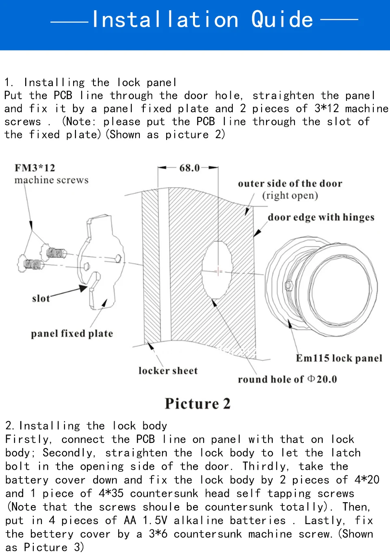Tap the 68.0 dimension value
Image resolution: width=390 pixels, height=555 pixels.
[189, 168]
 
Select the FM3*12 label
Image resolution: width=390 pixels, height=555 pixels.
[35, 168]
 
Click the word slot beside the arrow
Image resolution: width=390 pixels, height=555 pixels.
[41, 299]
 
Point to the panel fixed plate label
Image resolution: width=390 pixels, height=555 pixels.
[72, 334]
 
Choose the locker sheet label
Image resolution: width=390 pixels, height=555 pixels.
[168, 371]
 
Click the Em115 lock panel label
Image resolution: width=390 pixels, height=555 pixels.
[339, 358]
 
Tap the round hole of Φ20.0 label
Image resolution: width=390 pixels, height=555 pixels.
[287, 379]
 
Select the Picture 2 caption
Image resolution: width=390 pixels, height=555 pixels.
[197, 403]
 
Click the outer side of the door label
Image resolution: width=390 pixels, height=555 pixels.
[290, 184]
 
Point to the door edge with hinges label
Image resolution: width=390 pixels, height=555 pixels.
[321, 217]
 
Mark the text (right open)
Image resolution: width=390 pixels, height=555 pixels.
[290, 195]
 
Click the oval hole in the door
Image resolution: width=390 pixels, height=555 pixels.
[218, 270]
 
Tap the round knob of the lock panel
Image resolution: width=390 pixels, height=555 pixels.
[341, 289]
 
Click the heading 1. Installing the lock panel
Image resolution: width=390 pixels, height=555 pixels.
[90, 82]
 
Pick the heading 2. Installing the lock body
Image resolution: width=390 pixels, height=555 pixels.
[86, 426]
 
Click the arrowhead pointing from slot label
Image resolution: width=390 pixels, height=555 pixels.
[83, 288]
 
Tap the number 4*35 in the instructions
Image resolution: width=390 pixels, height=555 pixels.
[111, 493]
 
